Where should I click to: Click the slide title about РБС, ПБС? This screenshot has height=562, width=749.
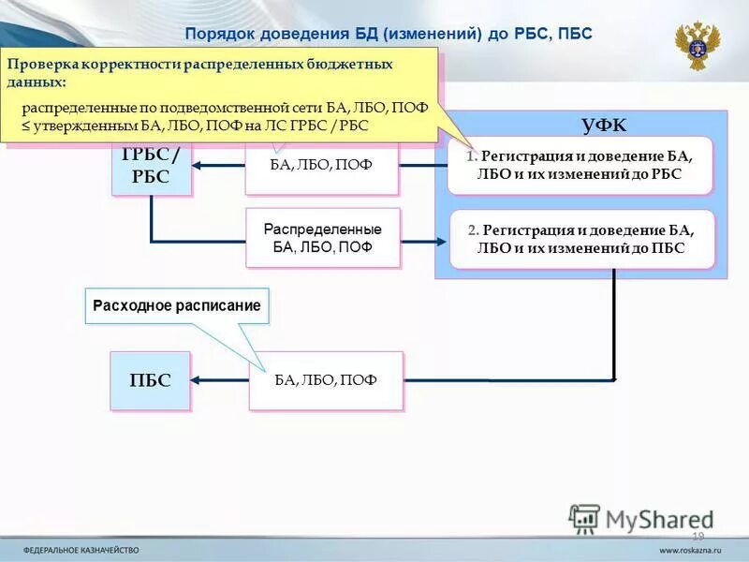[x=389, y=34]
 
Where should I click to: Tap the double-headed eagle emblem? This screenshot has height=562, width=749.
[x=698, y=46]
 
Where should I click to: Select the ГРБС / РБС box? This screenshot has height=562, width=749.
[x=151, y=167]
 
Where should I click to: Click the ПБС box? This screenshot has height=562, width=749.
[x=150, y=380]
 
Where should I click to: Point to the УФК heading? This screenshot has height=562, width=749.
[x=604, y=126]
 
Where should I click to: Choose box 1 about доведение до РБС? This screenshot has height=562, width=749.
[x=580, y=165]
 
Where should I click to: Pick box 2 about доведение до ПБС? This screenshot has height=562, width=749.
[x=581, y=239]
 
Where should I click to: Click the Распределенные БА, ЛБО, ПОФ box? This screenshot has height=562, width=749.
[x=322, y=238]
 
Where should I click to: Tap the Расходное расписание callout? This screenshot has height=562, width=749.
[x=177, y=305]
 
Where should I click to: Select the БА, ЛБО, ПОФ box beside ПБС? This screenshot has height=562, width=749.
[x=326, y=380]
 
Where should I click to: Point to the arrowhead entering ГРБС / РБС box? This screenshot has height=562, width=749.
[x=199, y=167]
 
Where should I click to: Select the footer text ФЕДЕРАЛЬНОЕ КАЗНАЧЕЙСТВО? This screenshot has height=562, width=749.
[x=81, y=550]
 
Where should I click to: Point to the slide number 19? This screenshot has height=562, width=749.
[x=698, y=536]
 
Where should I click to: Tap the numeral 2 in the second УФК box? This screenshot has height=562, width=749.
[x=473, y=230]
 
